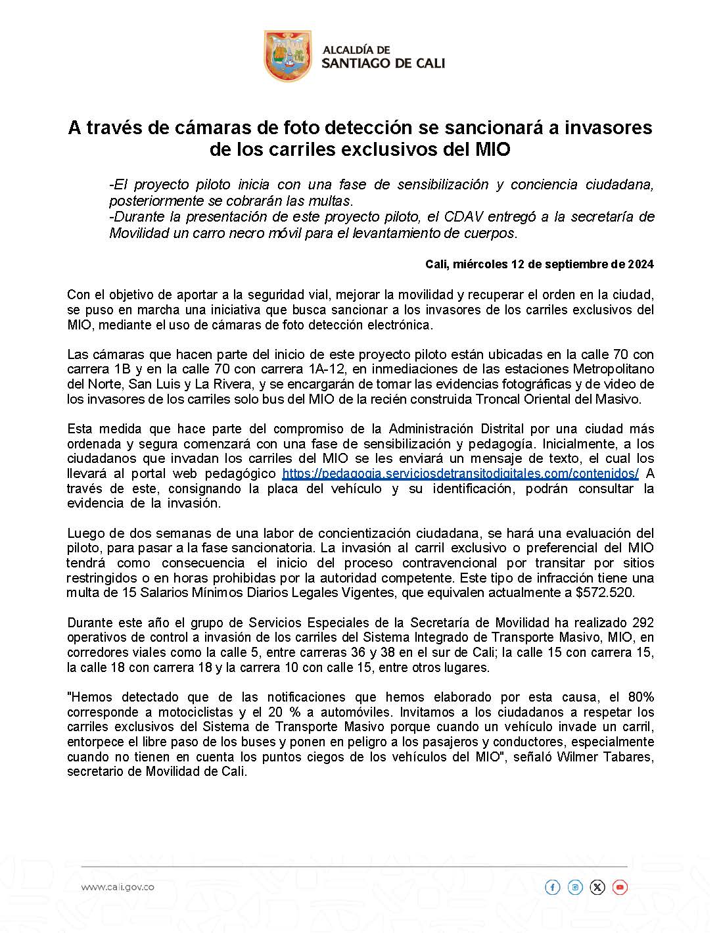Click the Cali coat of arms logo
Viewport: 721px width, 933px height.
tap(287, 56)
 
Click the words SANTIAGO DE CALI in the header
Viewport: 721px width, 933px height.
tap(383, 63)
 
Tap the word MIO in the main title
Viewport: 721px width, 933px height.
tap(492, 149)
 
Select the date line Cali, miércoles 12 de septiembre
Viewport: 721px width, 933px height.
tap(539, 264)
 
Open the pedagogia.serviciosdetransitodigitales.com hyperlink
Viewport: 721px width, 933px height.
tap(460, 474)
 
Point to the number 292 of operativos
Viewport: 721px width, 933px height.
tap(642, 623)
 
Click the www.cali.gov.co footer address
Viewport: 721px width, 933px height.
tap(118, 887)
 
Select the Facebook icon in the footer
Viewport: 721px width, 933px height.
tap(552, 888)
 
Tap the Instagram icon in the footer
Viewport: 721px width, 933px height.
tap(575, 888)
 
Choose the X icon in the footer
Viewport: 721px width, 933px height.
tap(597, 888)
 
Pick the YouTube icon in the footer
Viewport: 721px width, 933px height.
tap(620, 888)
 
